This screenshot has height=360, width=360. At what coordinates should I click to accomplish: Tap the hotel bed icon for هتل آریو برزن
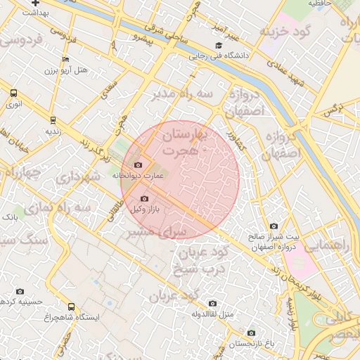coord(66,60)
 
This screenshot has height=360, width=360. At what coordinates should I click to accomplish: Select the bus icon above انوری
coord(14,93)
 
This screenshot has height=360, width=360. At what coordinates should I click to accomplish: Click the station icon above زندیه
coord(53,120)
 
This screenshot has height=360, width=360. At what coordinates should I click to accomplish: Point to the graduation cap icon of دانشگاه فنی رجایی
coord(229,46)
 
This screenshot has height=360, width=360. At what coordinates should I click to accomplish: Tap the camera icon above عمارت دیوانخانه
coord(138,165)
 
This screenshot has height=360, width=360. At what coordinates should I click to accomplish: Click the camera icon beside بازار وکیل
coord(145,199)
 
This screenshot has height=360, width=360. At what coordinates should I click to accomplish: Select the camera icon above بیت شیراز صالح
coord(274,226)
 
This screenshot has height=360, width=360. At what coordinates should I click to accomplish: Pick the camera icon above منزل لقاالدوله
coord(212,303)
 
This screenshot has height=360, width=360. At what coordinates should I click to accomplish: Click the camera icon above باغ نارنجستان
coord(251,333)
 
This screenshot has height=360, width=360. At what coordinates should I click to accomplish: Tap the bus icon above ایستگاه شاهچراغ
coord(71,307)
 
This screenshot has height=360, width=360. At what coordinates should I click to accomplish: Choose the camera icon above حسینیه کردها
coord(20,291)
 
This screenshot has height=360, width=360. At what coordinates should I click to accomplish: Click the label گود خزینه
coord(285,33)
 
